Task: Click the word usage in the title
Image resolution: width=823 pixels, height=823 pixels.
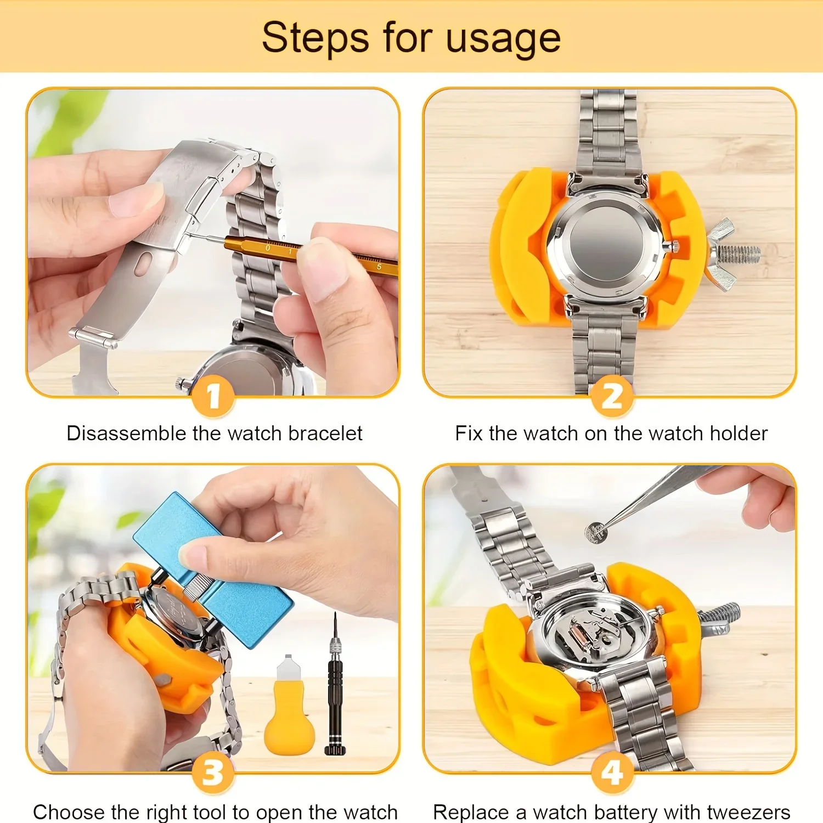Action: coord(503,38)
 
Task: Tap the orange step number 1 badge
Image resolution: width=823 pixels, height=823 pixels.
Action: coord(213,397)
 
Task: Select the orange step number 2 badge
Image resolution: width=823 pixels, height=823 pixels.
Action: coord(612,397)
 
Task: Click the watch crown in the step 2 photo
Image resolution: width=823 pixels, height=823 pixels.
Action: coord(674,246)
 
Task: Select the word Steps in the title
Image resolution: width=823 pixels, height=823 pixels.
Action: coord(315,38)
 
